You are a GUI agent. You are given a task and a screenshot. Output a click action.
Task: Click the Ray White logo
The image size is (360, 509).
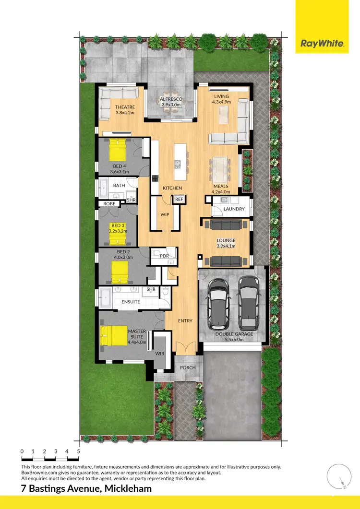[x=322, y=44]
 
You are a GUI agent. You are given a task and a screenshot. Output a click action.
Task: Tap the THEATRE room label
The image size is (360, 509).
[x=125, y=107]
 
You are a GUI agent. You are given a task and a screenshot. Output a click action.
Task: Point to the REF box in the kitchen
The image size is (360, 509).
[x=179, y=199]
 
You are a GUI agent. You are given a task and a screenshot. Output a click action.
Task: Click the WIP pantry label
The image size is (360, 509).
[x=165, y=214]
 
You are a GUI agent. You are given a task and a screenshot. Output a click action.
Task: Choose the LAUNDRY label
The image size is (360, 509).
[x=234, y=209]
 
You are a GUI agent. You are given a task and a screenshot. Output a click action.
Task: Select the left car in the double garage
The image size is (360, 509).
[x=218, y=304]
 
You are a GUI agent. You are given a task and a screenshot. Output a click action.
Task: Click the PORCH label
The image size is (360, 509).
[x=188, y=368]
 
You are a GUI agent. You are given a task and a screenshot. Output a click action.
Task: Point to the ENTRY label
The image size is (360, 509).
[x=185, y=321]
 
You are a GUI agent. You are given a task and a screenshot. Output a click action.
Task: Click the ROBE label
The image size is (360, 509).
[x=109, y=204]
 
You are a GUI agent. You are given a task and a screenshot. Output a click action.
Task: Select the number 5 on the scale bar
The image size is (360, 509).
[x=78, y=451]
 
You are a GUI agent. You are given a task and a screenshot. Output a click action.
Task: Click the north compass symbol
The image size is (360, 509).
[x=339, y=476]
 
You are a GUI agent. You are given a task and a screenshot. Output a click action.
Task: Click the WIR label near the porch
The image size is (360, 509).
[x=159, y=354]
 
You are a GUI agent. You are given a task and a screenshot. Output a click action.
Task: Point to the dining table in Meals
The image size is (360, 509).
[x=222, y=167]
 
